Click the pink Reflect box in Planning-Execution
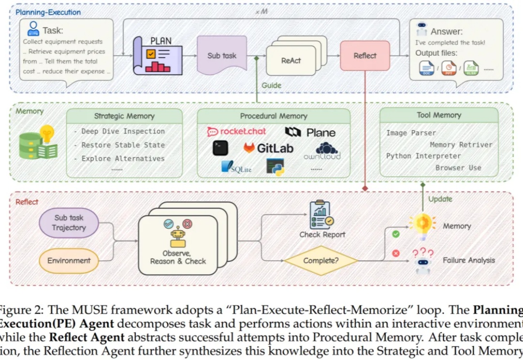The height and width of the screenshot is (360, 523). click(x=365, y=56)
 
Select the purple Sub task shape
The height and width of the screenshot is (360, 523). click(x=222, y=56)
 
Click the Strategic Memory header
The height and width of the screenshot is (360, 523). click(x=124, y=116)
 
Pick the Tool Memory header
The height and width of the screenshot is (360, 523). click(x=439, y=115)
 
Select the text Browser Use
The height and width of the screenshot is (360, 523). click(x=458, y=168)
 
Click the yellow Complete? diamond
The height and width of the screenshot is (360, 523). click(x=321, y=261)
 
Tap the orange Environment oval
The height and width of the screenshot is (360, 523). click(x=69, y=260)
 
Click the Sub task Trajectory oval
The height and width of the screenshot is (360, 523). click(x=68, y=223)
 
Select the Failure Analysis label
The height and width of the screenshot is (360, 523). click(x=469, y=260)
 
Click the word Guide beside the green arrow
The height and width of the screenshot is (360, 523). click(x=271, y=85)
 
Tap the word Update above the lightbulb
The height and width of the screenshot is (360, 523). click(x=440, y=199)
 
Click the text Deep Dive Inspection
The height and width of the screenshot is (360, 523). click(x=123, y=131)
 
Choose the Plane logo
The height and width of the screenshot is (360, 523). click(x=310, y=132)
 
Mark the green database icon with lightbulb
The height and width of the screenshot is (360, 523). click(x=38, y=143)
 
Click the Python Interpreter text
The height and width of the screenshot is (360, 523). click(x=423, y=156)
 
